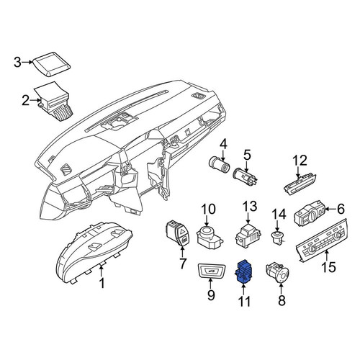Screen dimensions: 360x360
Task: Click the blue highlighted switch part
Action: pos(244,271)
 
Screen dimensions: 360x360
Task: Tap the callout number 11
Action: pos(244,301)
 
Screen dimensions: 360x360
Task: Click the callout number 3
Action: pos(17,62)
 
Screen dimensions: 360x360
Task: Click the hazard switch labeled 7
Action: pos(178,233)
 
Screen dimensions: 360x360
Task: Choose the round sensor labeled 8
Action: pos(278,273)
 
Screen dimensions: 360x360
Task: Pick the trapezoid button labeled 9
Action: pos(212,272)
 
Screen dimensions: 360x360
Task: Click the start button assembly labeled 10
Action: pos(210,238)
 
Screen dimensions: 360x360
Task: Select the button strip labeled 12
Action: pos(300,184)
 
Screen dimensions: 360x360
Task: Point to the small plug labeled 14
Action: pos(277,237)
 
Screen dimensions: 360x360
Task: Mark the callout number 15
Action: pos(328,267)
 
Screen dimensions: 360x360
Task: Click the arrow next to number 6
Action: pos(332,210)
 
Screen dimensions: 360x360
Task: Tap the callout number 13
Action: pos(250,207)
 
